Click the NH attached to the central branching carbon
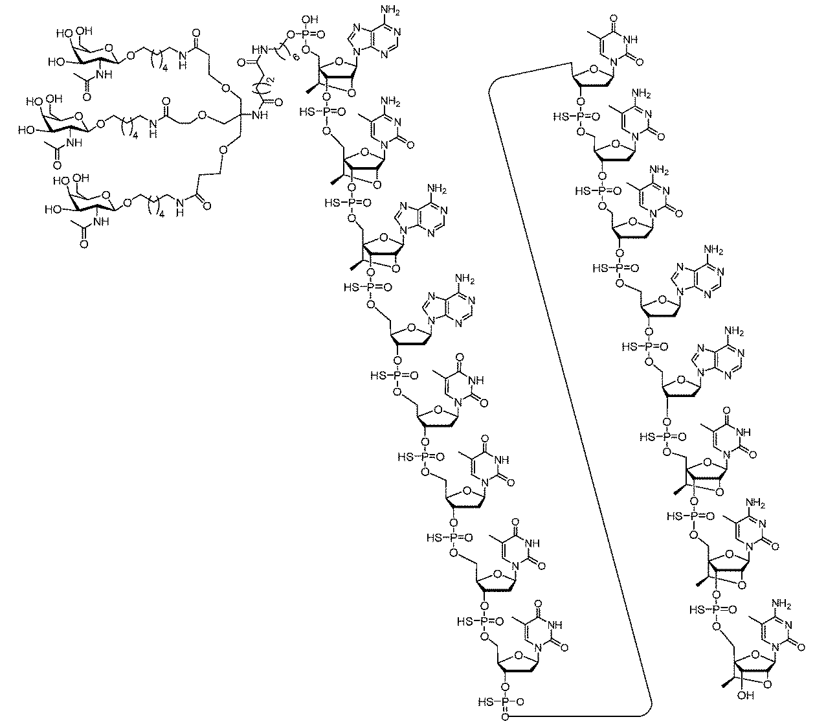click(x=262, y=116)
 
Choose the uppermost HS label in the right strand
click(x=563, y=117)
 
